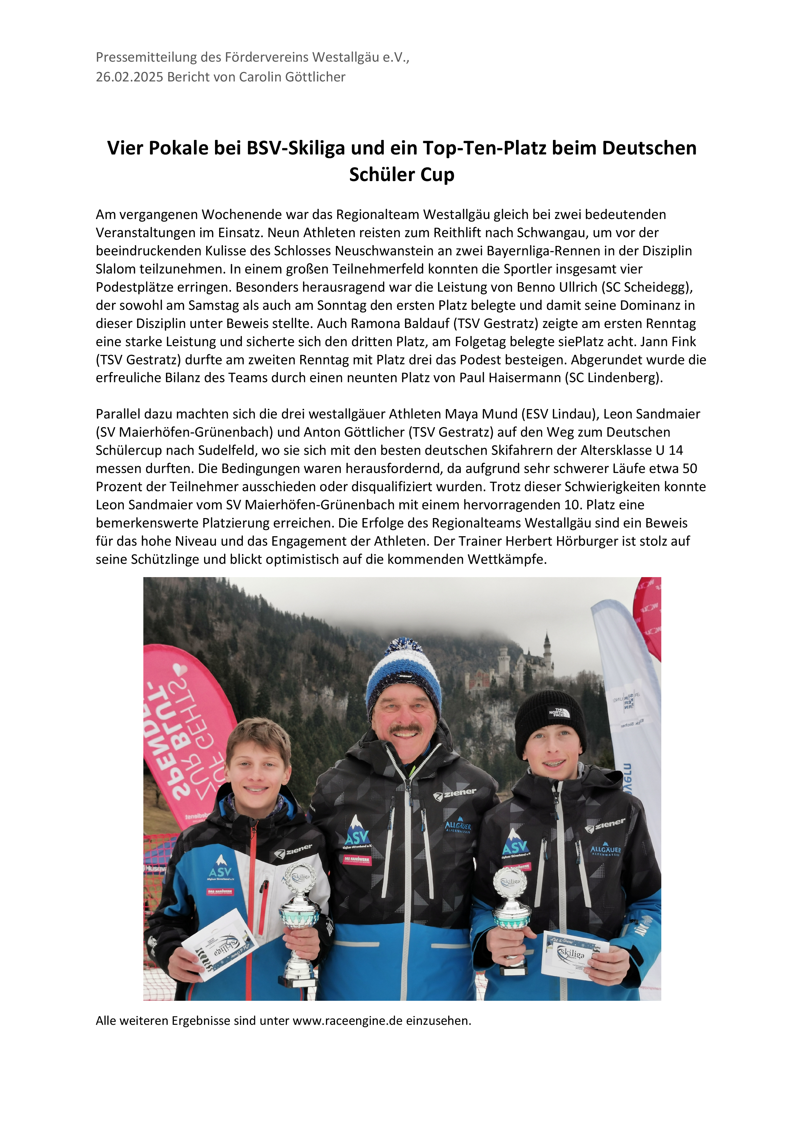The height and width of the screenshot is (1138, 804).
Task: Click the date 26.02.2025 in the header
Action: click(129, 77)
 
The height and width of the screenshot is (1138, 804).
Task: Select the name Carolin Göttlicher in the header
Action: click(292, 77)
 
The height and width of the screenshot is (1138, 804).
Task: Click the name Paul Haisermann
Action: click(510, 378)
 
